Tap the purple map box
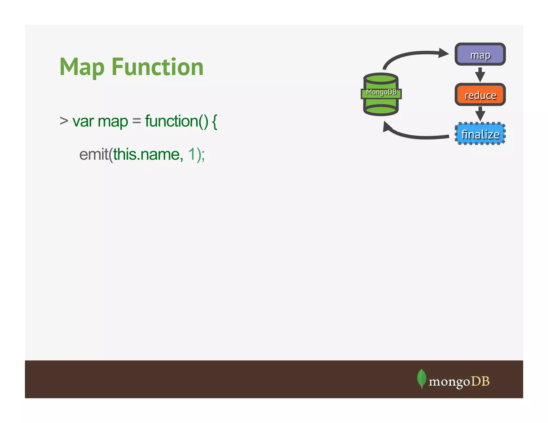[x=480, y=55]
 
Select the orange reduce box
[x=480, y=95]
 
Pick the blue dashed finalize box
[x=480, y=134]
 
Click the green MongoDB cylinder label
[x=381, y=93]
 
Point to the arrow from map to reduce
[x=480, y=75]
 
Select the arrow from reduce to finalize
[x=480, y=114]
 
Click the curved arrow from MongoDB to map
[x=412, y=55]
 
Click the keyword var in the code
[x=83, y=121]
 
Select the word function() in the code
[x=176, y=121]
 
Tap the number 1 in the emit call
[x=192, y=155]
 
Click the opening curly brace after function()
[x=214, y=121]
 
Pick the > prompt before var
[x=64, y=121]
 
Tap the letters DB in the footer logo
[x=480, y=381]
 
